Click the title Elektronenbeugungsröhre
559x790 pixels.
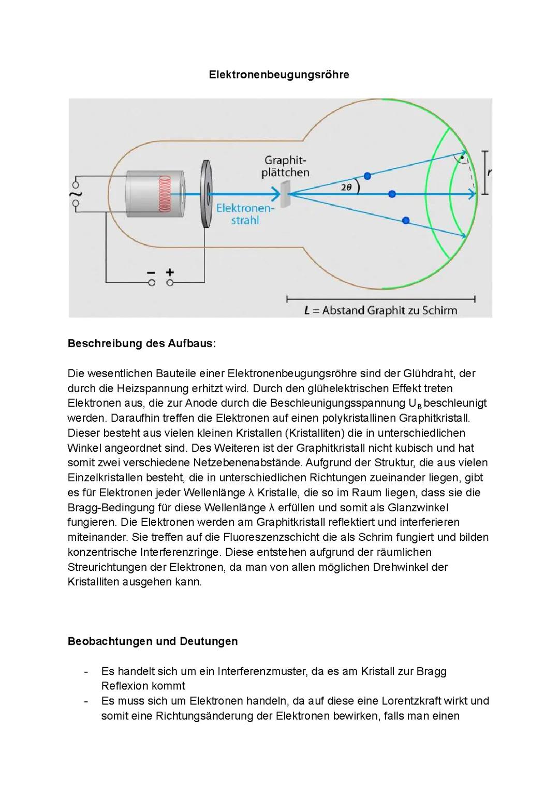(x=279, y=75)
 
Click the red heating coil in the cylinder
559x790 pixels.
(x=165, y=193)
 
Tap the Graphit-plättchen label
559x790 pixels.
(x=285, y=166)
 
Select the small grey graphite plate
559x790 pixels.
(x=284, y=192)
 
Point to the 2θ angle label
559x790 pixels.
(x=346, y=187)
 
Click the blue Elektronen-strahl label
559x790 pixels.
(x=245, y=214)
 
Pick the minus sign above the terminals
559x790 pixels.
(x=151, y=272)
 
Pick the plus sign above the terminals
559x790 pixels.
(x=169, y=272)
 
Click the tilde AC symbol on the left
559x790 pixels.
(x=76, y=195)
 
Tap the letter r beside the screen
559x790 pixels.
(x=489, y=173)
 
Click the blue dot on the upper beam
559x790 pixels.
(x=367, y=176)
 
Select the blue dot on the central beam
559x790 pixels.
(x=392, y=194)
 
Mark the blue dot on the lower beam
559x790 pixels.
(x=406, y=220)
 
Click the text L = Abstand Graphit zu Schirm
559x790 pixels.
(x=380, y=310)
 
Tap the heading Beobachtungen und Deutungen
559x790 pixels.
(x=153, y=641)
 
